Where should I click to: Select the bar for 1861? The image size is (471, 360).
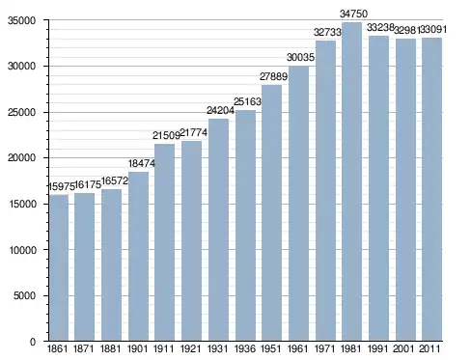[x=59, y=267]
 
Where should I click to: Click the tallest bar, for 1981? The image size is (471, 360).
[x=351, y=181]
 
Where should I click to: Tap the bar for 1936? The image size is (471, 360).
[x=245, y=226]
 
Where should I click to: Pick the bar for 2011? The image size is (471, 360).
[x=431, y=189]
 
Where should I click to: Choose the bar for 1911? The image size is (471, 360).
[x=164, y=242]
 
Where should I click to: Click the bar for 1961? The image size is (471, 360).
[x=298, y=204]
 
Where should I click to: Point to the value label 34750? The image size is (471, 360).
[x=353, y=14]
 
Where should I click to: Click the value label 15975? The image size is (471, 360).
[x=62, y=186]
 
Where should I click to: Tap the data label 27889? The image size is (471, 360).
[x=273, y=76]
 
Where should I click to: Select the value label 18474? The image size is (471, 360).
[x=142, y=163]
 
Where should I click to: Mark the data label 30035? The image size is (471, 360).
[x=300, y=57]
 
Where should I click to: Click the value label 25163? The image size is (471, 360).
[x=247, y=101]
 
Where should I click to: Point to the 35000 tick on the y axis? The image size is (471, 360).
[x=21, y=20]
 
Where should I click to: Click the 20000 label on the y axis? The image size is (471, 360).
[x=21, y=158]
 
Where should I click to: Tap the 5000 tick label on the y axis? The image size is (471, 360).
[x=24, y=295]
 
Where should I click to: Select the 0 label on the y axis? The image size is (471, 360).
[x=33, y=342]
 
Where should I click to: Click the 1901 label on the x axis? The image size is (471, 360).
[x=137, y=348]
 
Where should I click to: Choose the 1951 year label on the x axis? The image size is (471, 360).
[x=271, y=348]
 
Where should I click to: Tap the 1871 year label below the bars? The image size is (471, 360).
[x=84, y=348]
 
